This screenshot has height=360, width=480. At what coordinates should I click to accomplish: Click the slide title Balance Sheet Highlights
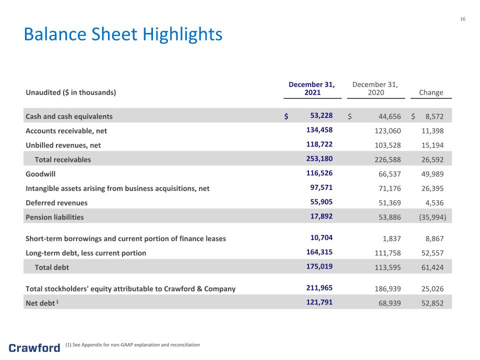[123, 34]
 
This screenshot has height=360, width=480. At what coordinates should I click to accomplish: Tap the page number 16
[462, 19]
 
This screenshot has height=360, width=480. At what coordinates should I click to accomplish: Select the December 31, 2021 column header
[312, 88]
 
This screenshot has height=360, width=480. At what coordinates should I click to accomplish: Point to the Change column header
[431, 92]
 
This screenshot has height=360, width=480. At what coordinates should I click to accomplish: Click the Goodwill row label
[40, 174]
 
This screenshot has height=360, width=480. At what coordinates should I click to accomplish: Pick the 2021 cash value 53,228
[321, 115]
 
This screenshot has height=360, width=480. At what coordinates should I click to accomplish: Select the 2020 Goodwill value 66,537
[389, 174]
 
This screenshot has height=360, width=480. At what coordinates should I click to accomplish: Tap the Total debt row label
[51, 267]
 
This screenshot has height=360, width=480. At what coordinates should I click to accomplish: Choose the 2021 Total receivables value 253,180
[319, 158]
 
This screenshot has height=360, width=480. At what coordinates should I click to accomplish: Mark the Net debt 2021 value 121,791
[319, 302]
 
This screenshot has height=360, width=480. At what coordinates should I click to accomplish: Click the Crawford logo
[34, 348]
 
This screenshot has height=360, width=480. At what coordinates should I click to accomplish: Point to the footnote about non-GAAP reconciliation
[132, 344]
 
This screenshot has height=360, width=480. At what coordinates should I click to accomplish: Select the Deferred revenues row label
[56, 202]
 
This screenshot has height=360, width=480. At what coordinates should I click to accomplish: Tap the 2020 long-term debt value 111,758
[387, 253]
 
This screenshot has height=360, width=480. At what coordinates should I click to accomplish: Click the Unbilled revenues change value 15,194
[432, 145]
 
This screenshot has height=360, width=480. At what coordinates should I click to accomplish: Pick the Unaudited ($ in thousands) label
[70, 92]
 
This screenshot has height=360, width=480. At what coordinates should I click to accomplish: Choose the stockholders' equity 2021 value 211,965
[319, 288]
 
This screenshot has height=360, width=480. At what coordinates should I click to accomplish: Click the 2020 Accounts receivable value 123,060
[387, 130]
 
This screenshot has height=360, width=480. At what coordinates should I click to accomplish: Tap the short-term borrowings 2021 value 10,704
[321, 237]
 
